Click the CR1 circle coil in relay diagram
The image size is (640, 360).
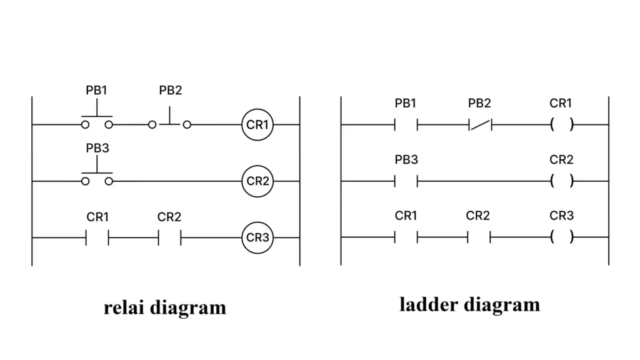click(257, 124)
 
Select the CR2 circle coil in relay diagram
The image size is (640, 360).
click(257, 181)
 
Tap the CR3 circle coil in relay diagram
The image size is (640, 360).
click(257, 237)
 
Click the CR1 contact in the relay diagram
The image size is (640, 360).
click(97, 237)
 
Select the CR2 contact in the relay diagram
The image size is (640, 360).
click(169, 237)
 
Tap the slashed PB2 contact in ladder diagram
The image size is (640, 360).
click(480, 125)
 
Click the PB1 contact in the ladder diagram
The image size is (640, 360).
click(406, 125)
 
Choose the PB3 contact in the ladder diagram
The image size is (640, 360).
click(406, 181)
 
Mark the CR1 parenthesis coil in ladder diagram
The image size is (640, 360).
click(561, 125)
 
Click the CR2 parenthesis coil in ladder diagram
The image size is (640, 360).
click(561, 181)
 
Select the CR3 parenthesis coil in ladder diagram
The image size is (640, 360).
click(561, 237)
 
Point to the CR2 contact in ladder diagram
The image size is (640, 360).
click(479, 237)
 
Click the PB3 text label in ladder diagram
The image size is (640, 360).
click(406, 160)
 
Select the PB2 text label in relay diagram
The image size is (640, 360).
click(170, 91)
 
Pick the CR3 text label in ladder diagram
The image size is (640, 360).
click(561, 216)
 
